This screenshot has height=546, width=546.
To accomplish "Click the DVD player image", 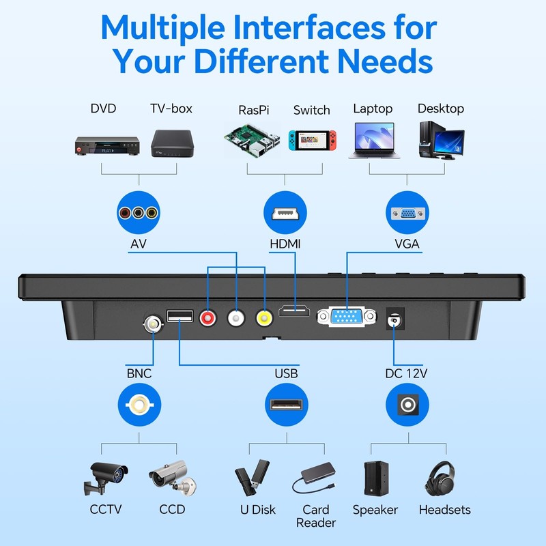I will click(107, 145).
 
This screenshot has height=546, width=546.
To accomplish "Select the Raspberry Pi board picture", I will click(252, 141).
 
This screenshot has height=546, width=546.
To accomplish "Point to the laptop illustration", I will click(372, 141).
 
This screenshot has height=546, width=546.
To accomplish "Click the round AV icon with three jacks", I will click(139, 214).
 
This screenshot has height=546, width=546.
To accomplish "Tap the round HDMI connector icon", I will click(284, 214).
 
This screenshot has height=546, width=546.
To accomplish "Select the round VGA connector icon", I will click(407, 214).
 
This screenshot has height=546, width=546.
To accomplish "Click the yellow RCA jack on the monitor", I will click(264, 317).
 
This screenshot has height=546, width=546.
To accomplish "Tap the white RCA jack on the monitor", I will click(236, 317).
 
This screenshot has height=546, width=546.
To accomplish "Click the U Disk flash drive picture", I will click(252, 478).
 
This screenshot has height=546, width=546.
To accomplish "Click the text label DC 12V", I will click(406, 373).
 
